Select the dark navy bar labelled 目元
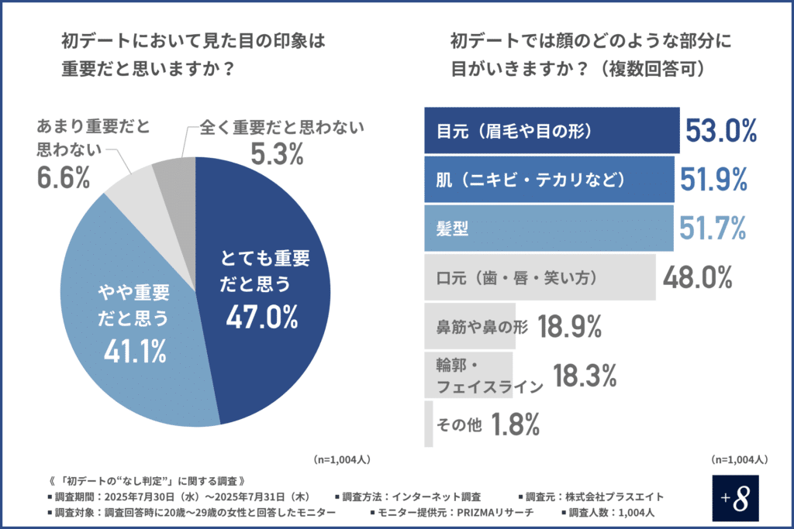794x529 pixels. pyautogui.click(x=551, y=129)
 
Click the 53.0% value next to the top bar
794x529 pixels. pyautogui.click(x=720, y=131)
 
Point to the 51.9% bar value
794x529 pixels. pyautogui.click(x=713, y=180)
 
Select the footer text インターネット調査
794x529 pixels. pyautogui.click(x=438, y=496)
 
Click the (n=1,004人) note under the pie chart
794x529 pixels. pyautogui.click(x=341, y=459)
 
